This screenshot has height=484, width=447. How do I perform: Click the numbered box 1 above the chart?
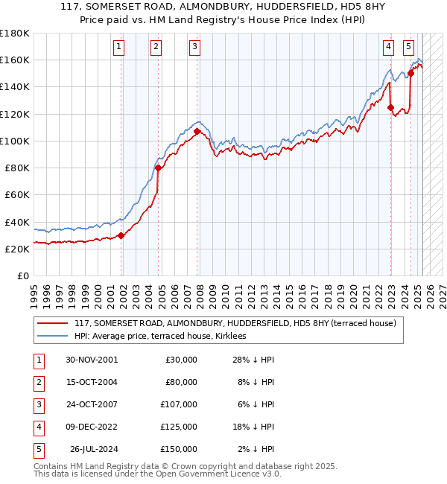point(119,47)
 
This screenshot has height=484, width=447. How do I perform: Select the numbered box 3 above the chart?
point(194,47)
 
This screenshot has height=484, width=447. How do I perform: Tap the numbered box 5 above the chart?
point(409,47)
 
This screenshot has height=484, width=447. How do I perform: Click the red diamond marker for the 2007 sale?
point(197,131)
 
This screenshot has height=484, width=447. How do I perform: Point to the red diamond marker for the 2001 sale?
point(121,235)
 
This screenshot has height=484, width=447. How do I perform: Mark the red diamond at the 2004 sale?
point(158,168)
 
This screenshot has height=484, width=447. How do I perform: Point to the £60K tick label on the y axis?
point(17,194)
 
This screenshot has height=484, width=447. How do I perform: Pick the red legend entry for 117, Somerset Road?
point(238,322)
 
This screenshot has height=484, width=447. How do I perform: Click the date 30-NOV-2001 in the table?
point(92,360)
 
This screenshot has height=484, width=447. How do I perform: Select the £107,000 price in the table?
point(179,404)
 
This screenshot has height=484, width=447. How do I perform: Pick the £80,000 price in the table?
point(181,382)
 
